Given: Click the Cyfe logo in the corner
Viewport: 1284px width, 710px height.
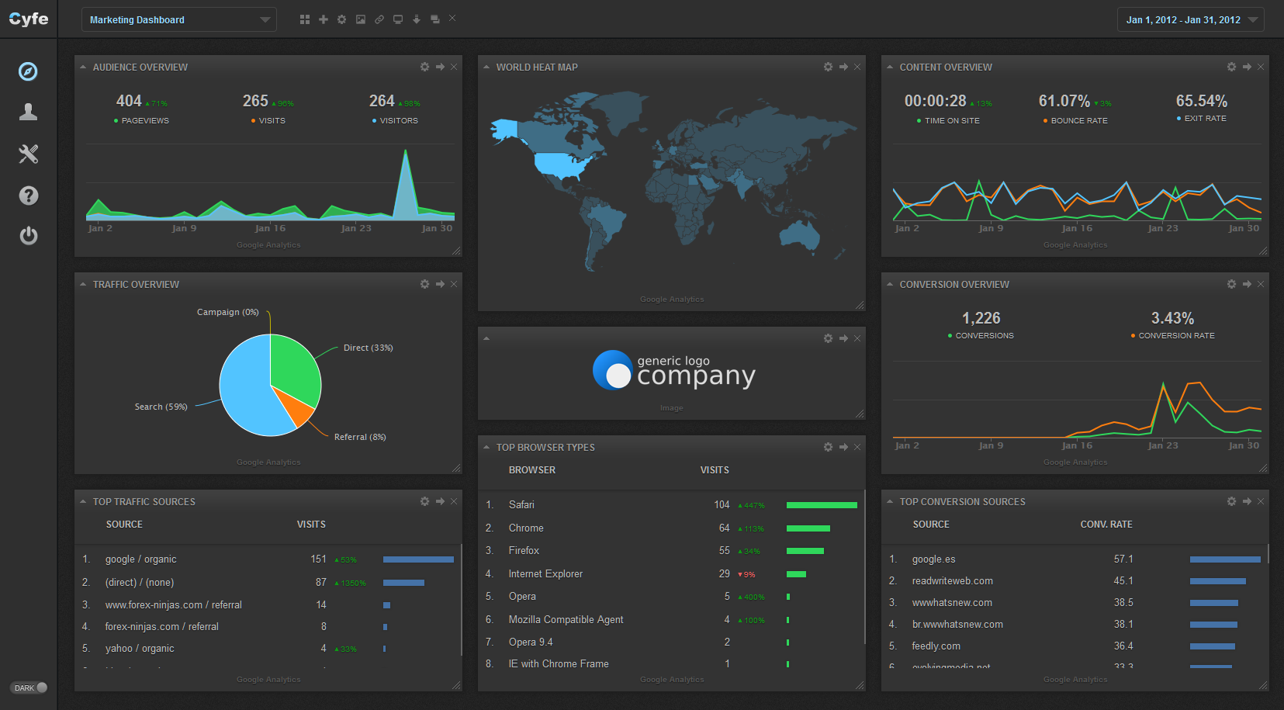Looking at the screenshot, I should [29, 19].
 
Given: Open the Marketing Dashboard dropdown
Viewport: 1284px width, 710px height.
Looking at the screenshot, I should [179, 20].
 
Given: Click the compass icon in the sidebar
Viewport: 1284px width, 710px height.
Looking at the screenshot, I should [28, 71].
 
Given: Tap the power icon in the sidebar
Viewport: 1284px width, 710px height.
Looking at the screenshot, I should [28, 235].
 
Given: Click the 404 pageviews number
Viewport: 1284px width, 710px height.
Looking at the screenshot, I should [129, 101].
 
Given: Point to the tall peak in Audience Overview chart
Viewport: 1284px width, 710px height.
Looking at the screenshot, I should [405, 155].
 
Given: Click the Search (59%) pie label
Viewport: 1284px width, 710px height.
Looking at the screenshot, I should [161, 407].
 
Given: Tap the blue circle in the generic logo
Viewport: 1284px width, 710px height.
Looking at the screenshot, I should [612, 369].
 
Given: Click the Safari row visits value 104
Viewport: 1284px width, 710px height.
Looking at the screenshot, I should [722, 505].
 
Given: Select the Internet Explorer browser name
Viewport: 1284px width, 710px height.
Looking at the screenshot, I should [545, 574].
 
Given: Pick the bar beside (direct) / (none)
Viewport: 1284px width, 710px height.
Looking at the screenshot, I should [403, 583].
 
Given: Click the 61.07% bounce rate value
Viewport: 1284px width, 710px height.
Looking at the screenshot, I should [1064, 101].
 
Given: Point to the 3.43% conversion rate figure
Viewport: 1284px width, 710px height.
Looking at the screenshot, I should [1172, 318].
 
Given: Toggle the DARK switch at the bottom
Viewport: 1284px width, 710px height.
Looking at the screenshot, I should [29, 687].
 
